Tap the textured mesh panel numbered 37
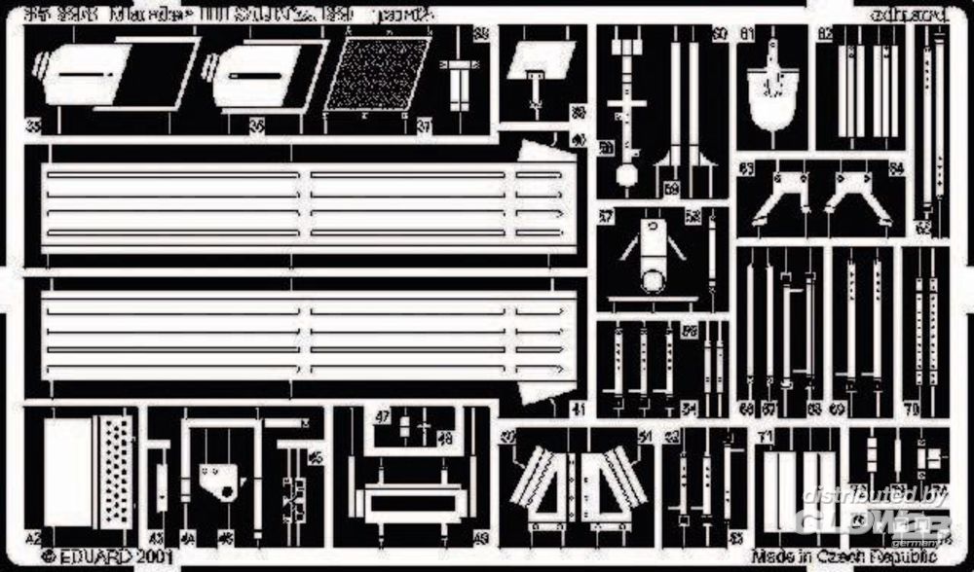tap(378, 74)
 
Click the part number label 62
tap(921, 228)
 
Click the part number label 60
tap(719, 34)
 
